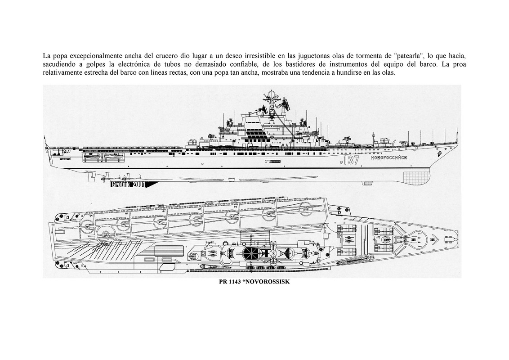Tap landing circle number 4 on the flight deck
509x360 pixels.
pos(161,221)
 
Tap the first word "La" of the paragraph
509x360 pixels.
pos(47,56)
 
